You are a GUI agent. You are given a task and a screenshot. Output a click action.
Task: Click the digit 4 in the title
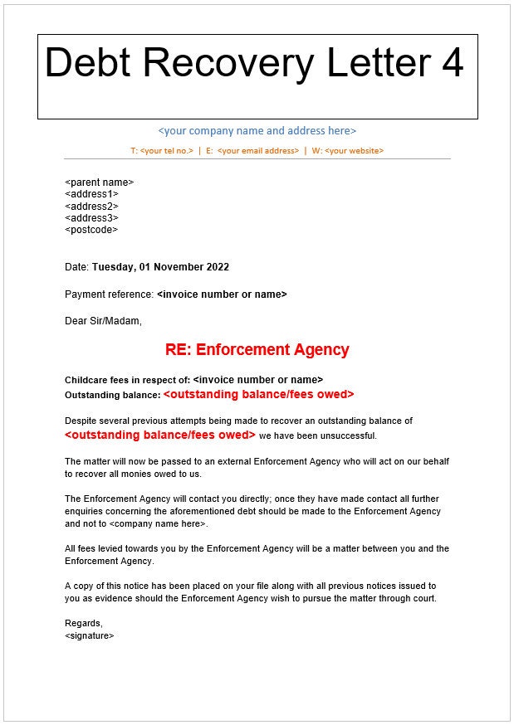tap(453, 63)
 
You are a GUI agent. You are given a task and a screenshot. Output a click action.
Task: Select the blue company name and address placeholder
tap(257, 131)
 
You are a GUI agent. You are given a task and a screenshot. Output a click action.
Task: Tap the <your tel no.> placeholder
tap(167, 151)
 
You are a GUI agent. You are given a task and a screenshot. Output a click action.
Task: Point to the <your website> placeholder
tap(354, 151)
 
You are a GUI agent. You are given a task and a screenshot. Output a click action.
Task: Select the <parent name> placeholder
tap(99, 182)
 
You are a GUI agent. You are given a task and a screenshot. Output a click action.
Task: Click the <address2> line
tap(91, 206)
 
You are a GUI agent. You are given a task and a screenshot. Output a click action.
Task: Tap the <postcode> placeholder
tap(91, 230)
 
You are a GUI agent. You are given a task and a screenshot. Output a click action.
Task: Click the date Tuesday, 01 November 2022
tap(160, 267)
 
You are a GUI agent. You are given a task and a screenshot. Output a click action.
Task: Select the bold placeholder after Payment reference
tap(222, 294)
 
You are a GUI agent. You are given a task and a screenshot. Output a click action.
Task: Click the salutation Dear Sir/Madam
tap(103, 321)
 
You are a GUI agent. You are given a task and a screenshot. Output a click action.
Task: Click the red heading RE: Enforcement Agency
tap(257, 350)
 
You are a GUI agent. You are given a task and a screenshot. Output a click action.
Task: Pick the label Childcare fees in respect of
tap(127, 379)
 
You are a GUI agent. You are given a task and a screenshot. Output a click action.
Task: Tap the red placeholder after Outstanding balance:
tap(258, 395)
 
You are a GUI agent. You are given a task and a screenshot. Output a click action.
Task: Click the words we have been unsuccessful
tap(317, 435)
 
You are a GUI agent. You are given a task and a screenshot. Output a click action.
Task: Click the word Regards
tap(83, 623)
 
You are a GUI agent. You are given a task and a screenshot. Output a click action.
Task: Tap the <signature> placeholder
tap(89, 635)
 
